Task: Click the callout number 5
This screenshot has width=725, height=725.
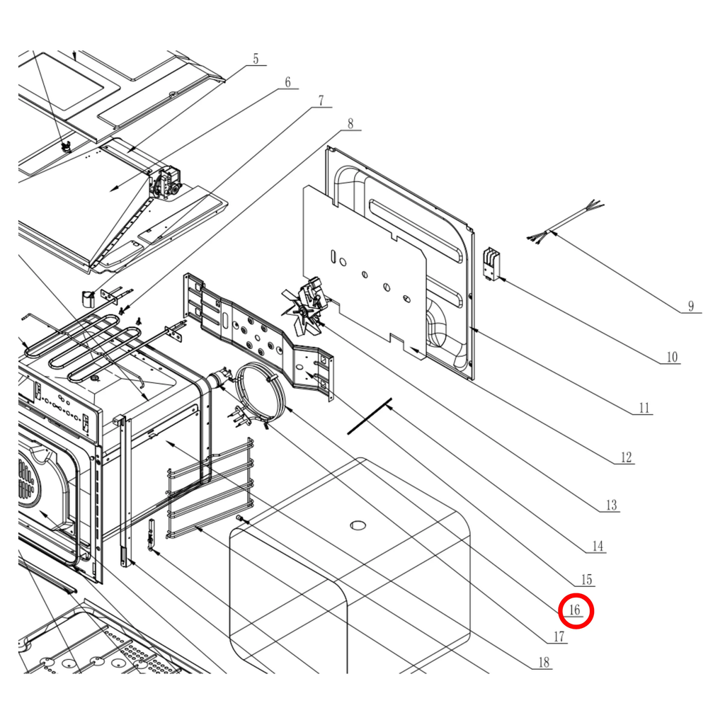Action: click(x=256, y=59)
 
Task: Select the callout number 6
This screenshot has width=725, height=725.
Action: click(x=287, y=82)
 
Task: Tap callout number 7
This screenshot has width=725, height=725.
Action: click(x=321, y=101)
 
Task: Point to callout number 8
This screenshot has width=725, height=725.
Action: click(x=350, y=123)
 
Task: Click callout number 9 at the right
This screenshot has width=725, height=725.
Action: click(x=691, y=306)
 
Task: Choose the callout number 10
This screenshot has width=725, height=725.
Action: click(x=672, y=357)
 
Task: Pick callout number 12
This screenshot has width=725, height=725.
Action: click(x=626, y=457)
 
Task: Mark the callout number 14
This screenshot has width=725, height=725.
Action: click(x=598, y=547)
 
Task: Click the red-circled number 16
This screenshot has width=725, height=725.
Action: click(x=575, y=610)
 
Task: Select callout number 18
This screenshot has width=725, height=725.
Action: click(x=544, y=663)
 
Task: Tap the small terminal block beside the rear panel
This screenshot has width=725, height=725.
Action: click(x=490, y=264)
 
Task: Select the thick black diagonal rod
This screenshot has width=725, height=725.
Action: click(x=370, y=416)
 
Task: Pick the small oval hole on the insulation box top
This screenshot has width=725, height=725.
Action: click(x=358, y=525)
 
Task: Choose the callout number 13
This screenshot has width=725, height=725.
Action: click(x=611, y=505)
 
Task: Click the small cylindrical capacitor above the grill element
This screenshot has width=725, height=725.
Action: click(x=88, y=298)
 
